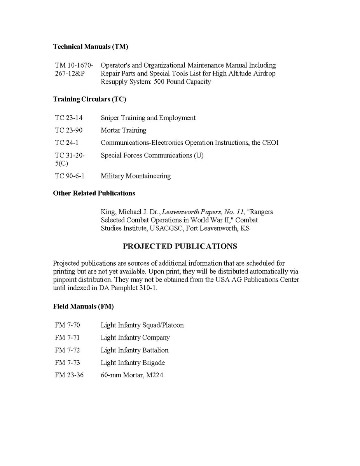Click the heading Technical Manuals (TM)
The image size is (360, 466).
click(91, 47)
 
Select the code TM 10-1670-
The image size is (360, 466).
click(74, 65)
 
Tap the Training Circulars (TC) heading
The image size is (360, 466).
click(89, 99)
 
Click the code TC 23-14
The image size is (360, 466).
click(69, 117)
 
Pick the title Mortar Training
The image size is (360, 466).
click(124, 130)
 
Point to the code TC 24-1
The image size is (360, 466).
click(67, 143)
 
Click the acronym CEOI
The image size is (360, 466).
click(271, 143)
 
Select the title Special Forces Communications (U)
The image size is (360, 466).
click(152, 155)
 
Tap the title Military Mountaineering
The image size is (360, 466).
click(136, 176)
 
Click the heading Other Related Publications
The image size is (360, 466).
click(94, 193)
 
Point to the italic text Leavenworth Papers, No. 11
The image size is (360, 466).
click(203, 212)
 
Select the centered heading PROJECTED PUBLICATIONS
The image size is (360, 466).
click(180, 246)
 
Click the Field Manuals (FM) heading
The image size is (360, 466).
click(83, 307)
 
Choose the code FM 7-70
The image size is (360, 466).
click(68, 325)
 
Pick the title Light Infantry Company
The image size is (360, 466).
click(135, 338)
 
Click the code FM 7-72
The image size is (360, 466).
click(68, 350)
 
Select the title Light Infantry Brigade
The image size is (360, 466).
click(133, 363)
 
